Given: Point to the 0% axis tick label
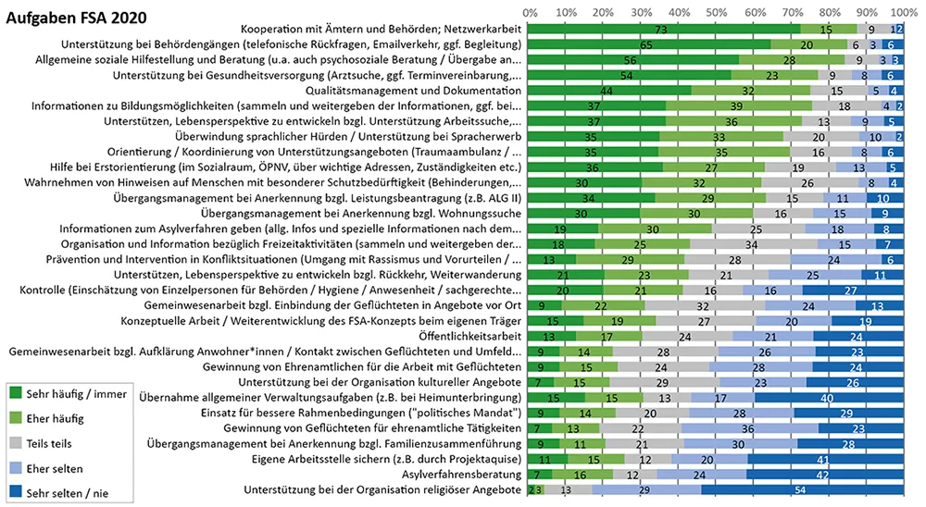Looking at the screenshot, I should pyautogui.click(x=531, y=12).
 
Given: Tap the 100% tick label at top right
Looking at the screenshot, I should pyautogui.click(x=905, y=12).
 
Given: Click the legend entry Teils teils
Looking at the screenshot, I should pyautogui.click(x=56, y=443).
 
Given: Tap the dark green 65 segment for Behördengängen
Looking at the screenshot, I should pyautogui.click(x=649, y=44).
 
